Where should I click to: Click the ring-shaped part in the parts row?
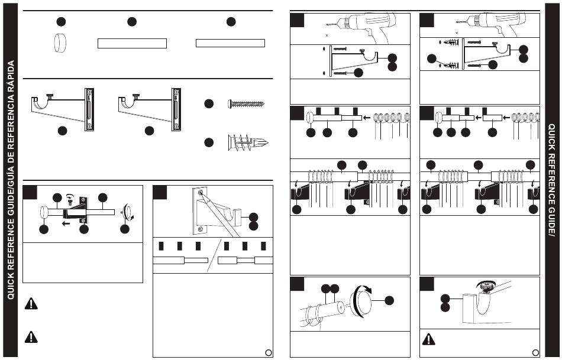[x=60, y=43]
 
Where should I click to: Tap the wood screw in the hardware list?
[x=246, y=104]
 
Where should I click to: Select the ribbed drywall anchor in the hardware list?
[x=248, y=142]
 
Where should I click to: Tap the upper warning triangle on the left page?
[x=31, y=303]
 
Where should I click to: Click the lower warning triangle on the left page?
[x=31, y=337]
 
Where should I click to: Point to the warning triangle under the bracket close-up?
[x=429, y=339]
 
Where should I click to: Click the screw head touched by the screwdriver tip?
[x=201, y=193]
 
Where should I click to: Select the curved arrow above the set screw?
[x=70, y=196]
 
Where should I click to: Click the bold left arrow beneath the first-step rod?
[x=66, y=224]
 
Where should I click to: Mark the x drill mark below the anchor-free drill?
[x=327, y=35]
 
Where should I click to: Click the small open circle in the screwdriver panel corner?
[x=268, y=352]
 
